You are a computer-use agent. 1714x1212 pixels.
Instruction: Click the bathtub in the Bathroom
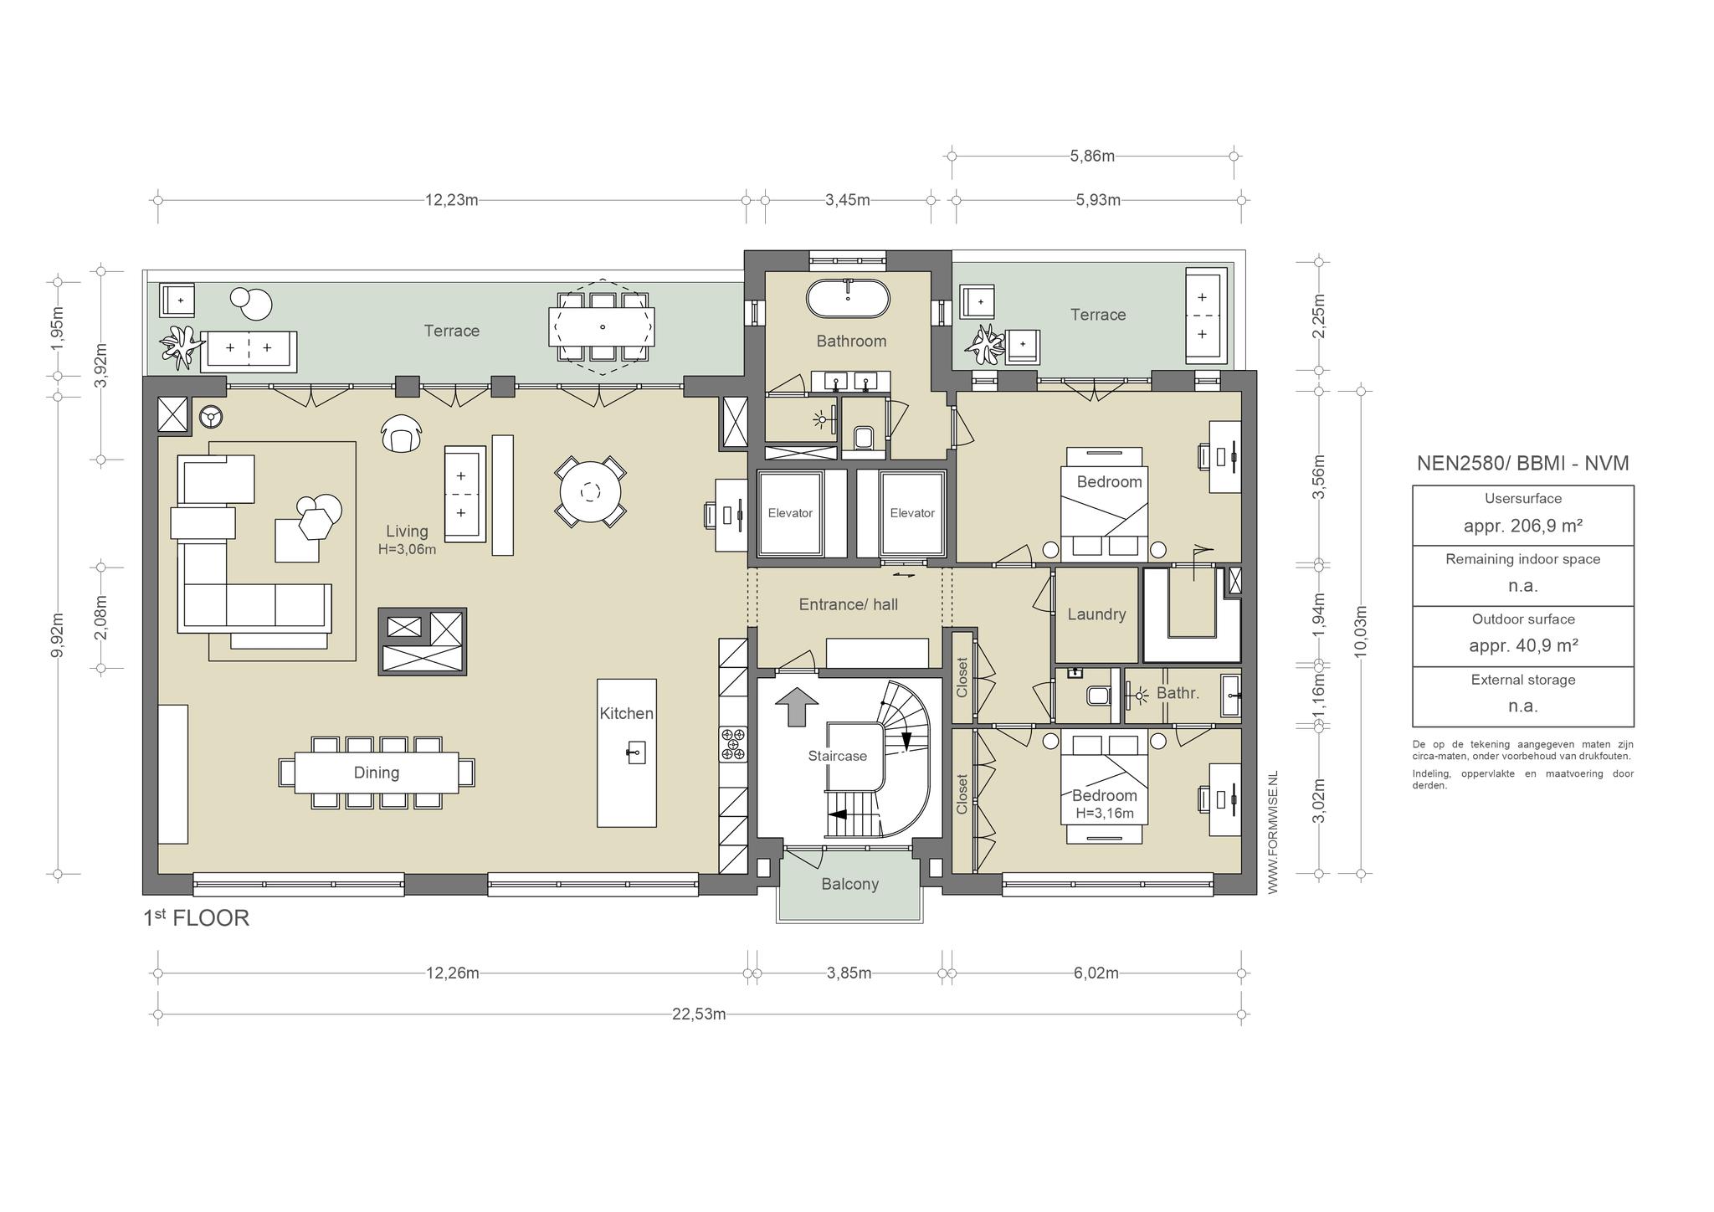[847, 299]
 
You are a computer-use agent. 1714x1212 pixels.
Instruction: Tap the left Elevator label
[790, 513]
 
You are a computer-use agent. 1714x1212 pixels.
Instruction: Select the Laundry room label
[1096, 614]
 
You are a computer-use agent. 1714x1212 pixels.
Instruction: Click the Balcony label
[849, 884]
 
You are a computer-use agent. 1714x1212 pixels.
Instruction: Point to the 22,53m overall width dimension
[699, 1014]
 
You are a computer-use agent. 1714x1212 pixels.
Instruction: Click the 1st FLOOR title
[197, 918]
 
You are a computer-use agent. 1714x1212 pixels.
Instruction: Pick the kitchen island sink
[635, 752]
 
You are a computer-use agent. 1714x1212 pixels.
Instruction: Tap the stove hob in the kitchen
[732, 744]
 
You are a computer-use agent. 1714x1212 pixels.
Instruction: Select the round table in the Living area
[591, 492]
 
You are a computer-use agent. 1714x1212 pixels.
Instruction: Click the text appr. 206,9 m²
[1522, 526]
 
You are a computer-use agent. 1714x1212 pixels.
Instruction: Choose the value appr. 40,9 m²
[1522, 645]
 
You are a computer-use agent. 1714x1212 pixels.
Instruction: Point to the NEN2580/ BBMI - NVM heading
[1522, 464]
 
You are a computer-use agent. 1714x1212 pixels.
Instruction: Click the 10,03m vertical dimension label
[1361, 633]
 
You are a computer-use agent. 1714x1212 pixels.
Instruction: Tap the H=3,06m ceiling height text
[407, 550]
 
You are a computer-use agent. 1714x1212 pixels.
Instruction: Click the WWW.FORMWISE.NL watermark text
[1273, 833]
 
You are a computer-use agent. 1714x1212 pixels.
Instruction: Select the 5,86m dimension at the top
[1092, 156]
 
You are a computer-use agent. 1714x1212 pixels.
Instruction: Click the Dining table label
[377, 773]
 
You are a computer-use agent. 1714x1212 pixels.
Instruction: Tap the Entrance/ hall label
[848, 604]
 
